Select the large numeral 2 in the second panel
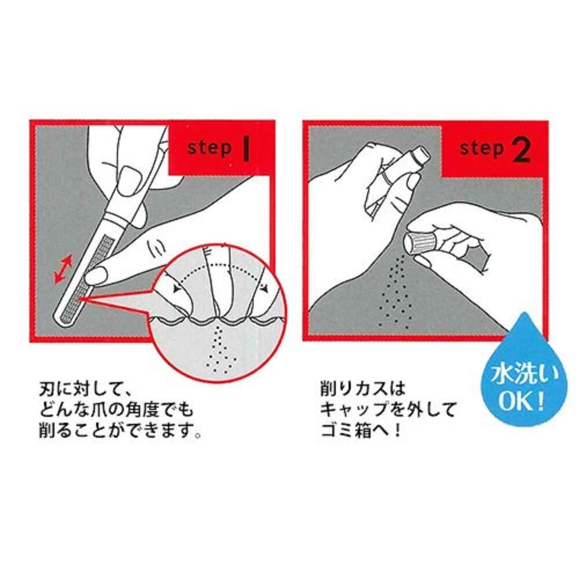click(x=522, y=150)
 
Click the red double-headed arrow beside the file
click(x=63, y=270)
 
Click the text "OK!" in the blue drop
click(x=522, y=402)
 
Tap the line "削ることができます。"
click(x=120, y=431)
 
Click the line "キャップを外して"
click(x=389, y=409)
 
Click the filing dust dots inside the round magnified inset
click(x=221, y=349)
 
